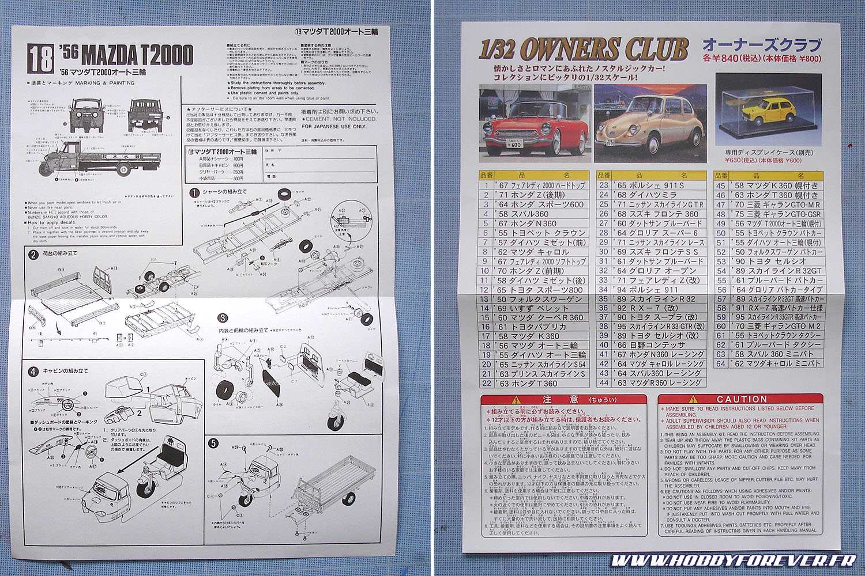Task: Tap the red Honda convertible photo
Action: coord(535,122)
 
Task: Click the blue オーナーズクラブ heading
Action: coord(761,45)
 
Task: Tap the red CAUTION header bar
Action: coord(740,399)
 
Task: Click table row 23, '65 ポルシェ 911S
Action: coord(652,185)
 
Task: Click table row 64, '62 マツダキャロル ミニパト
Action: coord(769,363)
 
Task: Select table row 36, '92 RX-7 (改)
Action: coord(652,308)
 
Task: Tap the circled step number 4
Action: coord(33,372)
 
